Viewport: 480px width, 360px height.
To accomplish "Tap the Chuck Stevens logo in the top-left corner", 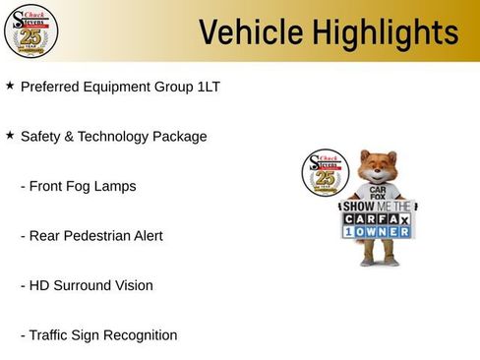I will point(30,31).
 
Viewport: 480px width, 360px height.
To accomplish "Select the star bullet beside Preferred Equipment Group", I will point(10,86).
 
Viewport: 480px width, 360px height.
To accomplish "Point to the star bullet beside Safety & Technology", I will point(10,135).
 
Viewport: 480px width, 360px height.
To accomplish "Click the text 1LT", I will point(208,87).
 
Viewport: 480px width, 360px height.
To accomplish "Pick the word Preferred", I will point(51,87).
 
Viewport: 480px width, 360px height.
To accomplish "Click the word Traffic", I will point(51,335).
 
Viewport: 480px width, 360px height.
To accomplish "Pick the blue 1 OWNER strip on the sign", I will point(377,231).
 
